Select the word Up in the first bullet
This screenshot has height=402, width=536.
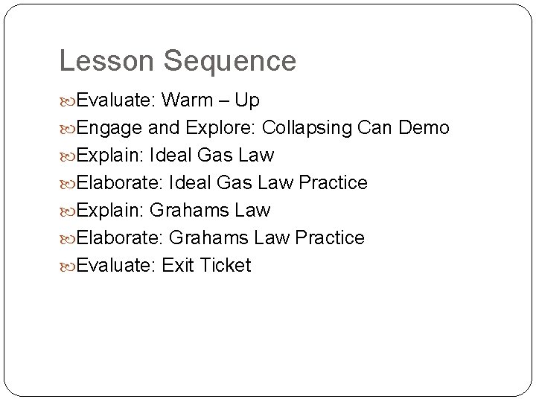(x=246, y=100)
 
